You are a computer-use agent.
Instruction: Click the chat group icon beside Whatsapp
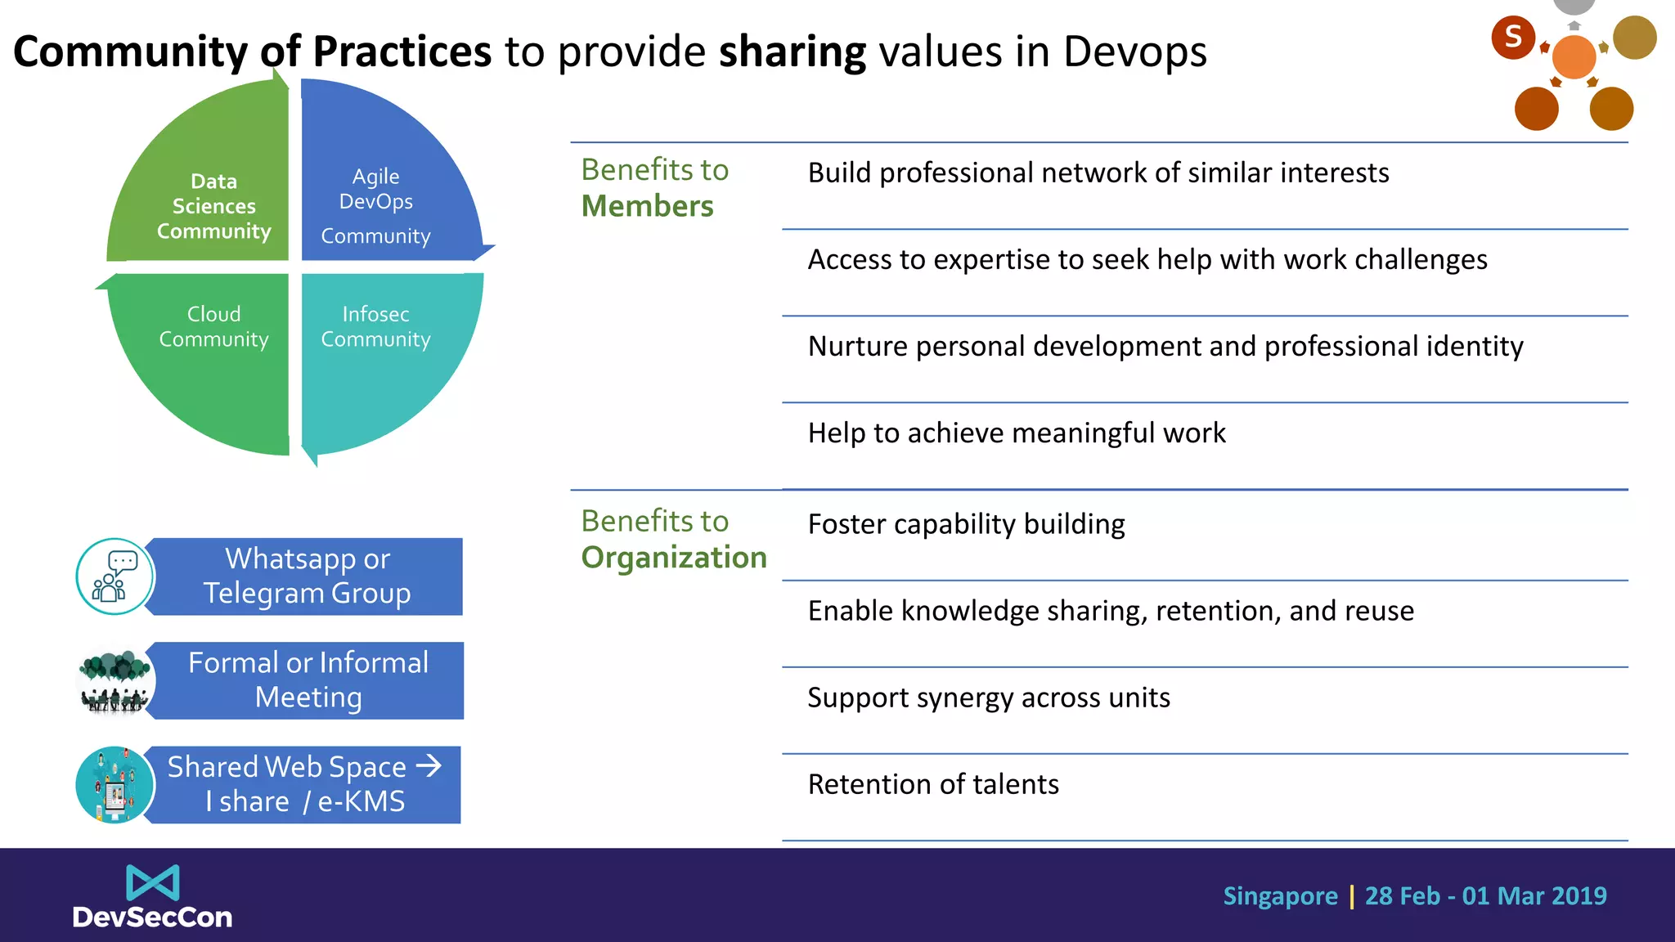[115, 576]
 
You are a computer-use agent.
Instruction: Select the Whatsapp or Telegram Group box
[308, 576]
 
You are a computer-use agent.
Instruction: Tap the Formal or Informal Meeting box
[308, 680]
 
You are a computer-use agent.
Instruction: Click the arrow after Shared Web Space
[429, 766]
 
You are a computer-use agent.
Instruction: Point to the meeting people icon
[115, 680]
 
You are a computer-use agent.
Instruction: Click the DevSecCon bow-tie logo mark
[152, 882]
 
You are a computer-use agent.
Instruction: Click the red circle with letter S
[1512, 37]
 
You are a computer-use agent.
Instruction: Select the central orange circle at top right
[1574, 56]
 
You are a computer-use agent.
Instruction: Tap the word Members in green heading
[647, 206]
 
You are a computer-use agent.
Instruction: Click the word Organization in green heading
[674, 558]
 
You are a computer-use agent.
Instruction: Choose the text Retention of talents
[933, 784]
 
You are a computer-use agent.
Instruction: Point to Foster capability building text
[966, 524]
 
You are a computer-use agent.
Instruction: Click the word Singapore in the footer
[1280, 896]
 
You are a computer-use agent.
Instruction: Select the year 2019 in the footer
[1578, 896]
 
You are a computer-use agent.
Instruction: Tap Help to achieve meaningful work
[1017, 433]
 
